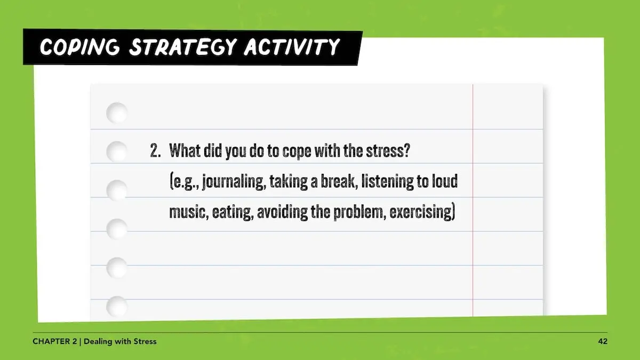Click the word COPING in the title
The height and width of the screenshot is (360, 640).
[79, 47]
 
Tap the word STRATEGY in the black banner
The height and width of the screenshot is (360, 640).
[183, 47]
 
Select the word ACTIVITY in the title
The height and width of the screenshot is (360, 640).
[292, 46]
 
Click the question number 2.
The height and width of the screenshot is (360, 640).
[155, 150]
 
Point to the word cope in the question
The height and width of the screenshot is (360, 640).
[297, 151]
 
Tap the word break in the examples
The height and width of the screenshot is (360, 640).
[339, 181]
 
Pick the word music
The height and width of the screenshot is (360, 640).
[188, 212]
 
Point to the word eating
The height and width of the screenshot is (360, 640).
[233, 213]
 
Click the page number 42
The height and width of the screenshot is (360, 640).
[603, 341]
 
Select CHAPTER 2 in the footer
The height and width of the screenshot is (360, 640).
[54, 341]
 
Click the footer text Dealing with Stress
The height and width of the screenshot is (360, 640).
[120, 341]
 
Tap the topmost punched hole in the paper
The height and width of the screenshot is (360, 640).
[117, 113]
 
